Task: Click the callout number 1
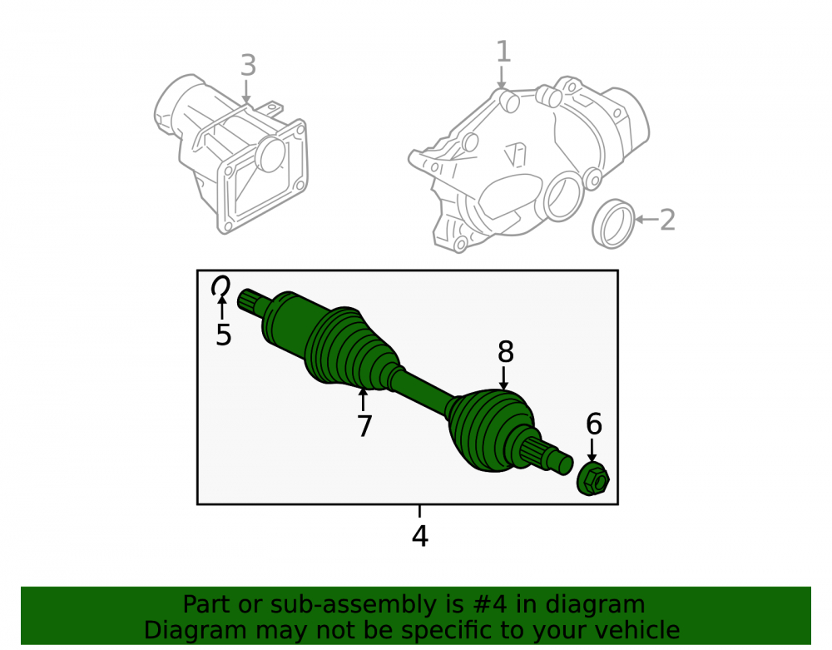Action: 503,52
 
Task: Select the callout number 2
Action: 667,220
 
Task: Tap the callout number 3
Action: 248,65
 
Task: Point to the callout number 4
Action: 419,536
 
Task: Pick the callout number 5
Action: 223,335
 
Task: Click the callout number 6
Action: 594,424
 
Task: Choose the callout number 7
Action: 364,425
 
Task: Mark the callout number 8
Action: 506,351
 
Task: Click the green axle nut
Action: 593,479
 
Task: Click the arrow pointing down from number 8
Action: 503,379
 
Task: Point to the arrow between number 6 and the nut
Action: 592,450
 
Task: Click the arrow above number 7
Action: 363,400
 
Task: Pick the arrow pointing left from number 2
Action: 646,219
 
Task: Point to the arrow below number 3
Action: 245,92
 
